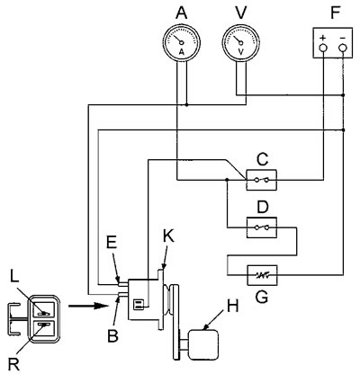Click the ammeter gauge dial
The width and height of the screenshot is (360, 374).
181,43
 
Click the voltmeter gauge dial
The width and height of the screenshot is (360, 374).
241,43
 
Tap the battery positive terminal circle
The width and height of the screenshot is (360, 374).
323,48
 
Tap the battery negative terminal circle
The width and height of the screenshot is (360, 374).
343,48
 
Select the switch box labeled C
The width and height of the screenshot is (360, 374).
261,180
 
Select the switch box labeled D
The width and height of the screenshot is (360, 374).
262,227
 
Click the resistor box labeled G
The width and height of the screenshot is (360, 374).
262,275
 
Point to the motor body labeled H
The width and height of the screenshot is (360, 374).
202,344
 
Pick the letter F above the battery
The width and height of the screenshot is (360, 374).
335,13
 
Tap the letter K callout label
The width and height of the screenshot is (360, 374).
168,236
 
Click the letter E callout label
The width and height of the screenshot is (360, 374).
112,244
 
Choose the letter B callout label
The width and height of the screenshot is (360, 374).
112,336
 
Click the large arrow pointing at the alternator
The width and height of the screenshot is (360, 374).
88,306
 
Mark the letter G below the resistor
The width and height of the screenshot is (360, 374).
262,297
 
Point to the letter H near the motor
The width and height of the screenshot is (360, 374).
233,307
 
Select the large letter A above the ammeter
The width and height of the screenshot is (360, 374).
182,13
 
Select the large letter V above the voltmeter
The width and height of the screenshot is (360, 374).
241,13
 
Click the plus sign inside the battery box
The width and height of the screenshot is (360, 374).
323,38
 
